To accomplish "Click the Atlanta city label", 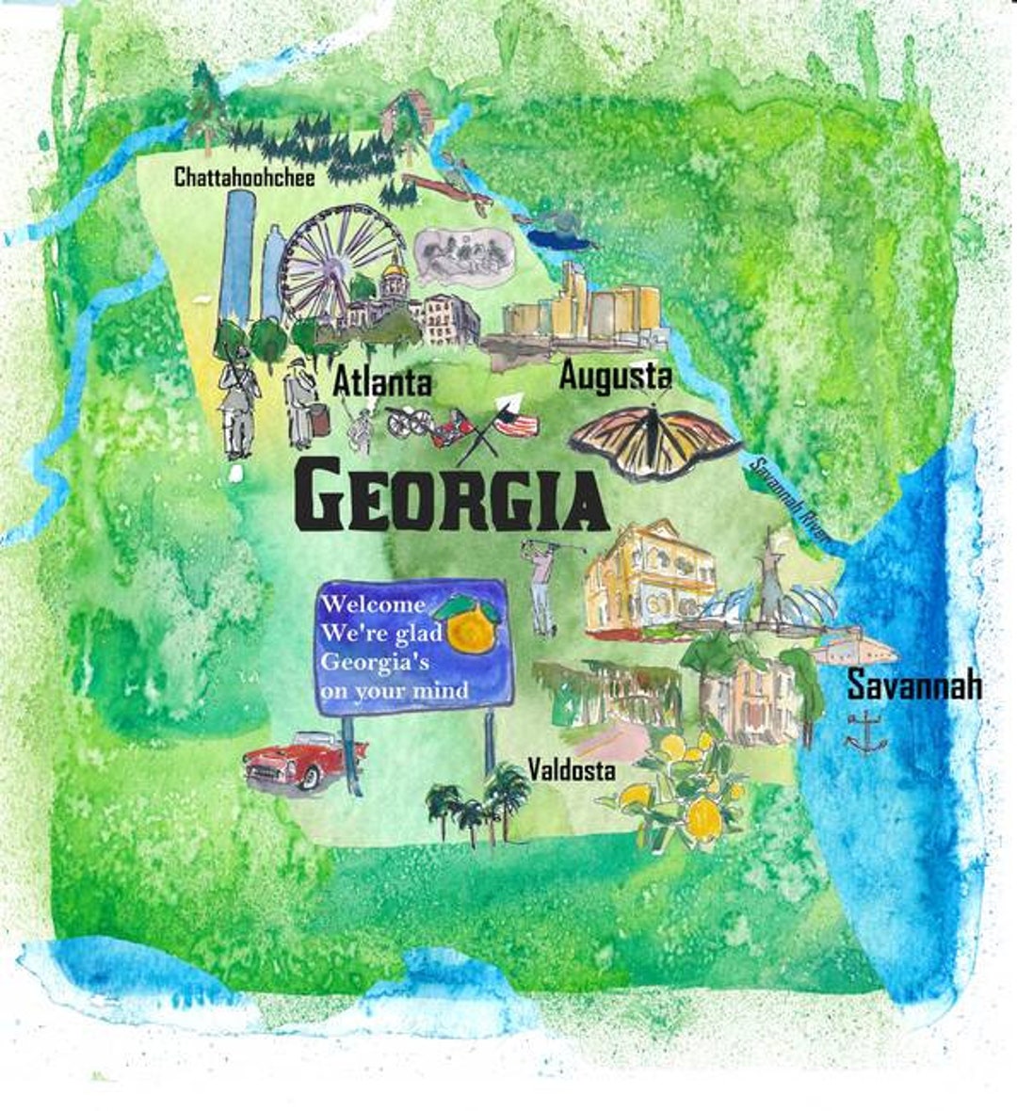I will [x=382, y=382].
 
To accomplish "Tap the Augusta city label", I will [x=615, y=376].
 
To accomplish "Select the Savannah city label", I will [x=913, y=684].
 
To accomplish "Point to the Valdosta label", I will [x=572, y=770].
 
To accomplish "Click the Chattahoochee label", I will [x=244, y=176].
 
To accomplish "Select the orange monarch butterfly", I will [x=654, y=441].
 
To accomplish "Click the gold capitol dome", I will [x=395, y=274].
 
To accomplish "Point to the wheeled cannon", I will [x=411, y=423].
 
